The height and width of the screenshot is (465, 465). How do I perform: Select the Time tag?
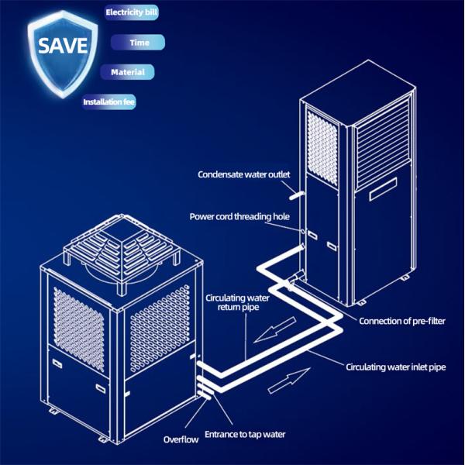click(x=139, y=43)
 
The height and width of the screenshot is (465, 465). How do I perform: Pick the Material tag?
click(x=127, y=72)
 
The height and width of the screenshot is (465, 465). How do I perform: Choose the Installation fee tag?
click(x=109, y=102)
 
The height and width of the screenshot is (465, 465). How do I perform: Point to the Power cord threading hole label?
click(x=239, y=217)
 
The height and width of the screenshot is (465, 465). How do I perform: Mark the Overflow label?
click(x=181, y=439)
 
